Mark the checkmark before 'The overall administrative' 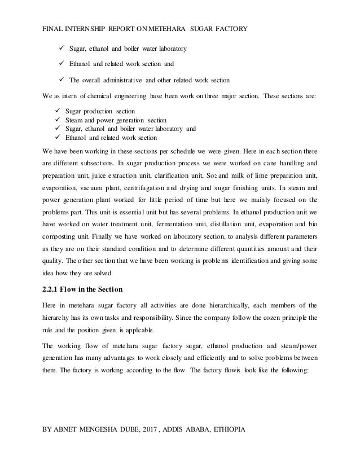pos(56,78)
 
